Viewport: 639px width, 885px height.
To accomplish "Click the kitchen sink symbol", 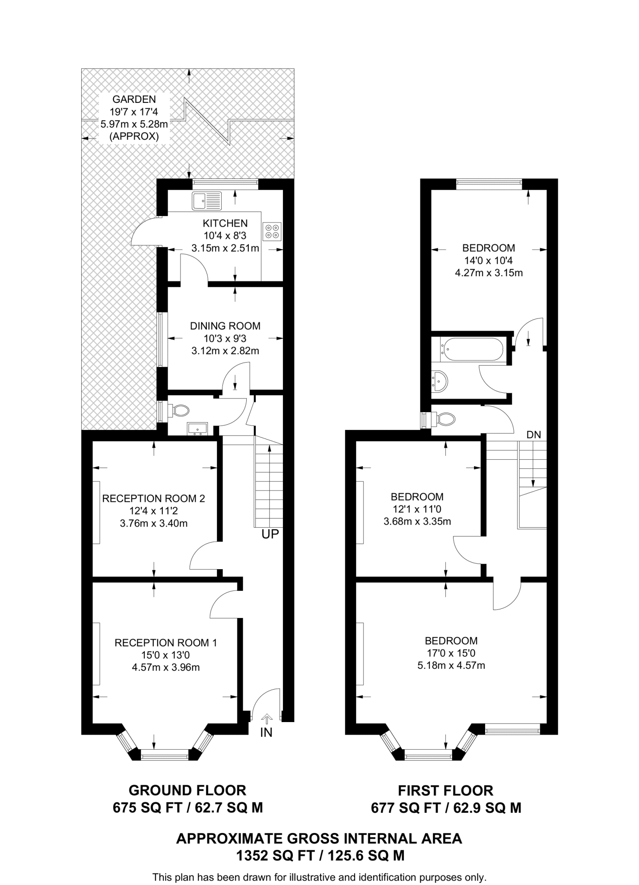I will click(207, 201).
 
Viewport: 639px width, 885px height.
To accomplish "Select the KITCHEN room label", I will click(225, 223).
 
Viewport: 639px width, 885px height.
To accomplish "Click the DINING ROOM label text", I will click(225, 326).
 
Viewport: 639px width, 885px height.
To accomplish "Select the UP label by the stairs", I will click(270, 534).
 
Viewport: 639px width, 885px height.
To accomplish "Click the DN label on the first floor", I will click(534, 435).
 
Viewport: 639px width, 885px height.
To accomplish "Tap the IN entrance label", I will click(266, 732).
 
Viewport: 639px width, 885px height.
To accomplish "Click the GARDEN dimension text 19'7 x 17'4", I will click(134, 112).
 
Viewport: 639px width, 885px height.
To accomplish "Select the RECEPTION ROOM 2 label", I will click(153, 499).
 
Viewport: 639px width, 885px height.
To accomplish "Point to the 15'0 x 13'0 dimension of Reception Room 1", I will click(165, 655).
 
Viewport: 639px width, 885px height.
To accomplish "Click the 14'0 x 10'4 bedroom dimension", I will click(488, 261).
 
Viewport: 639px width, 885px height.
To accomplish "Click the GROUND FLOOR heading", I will click(188, 790).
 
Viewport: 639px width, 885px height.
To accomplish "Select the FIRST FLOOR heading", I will click(445, 791).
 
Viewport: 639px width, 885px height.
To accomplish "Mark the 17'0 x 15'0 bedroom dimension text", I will click(451, 653).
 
